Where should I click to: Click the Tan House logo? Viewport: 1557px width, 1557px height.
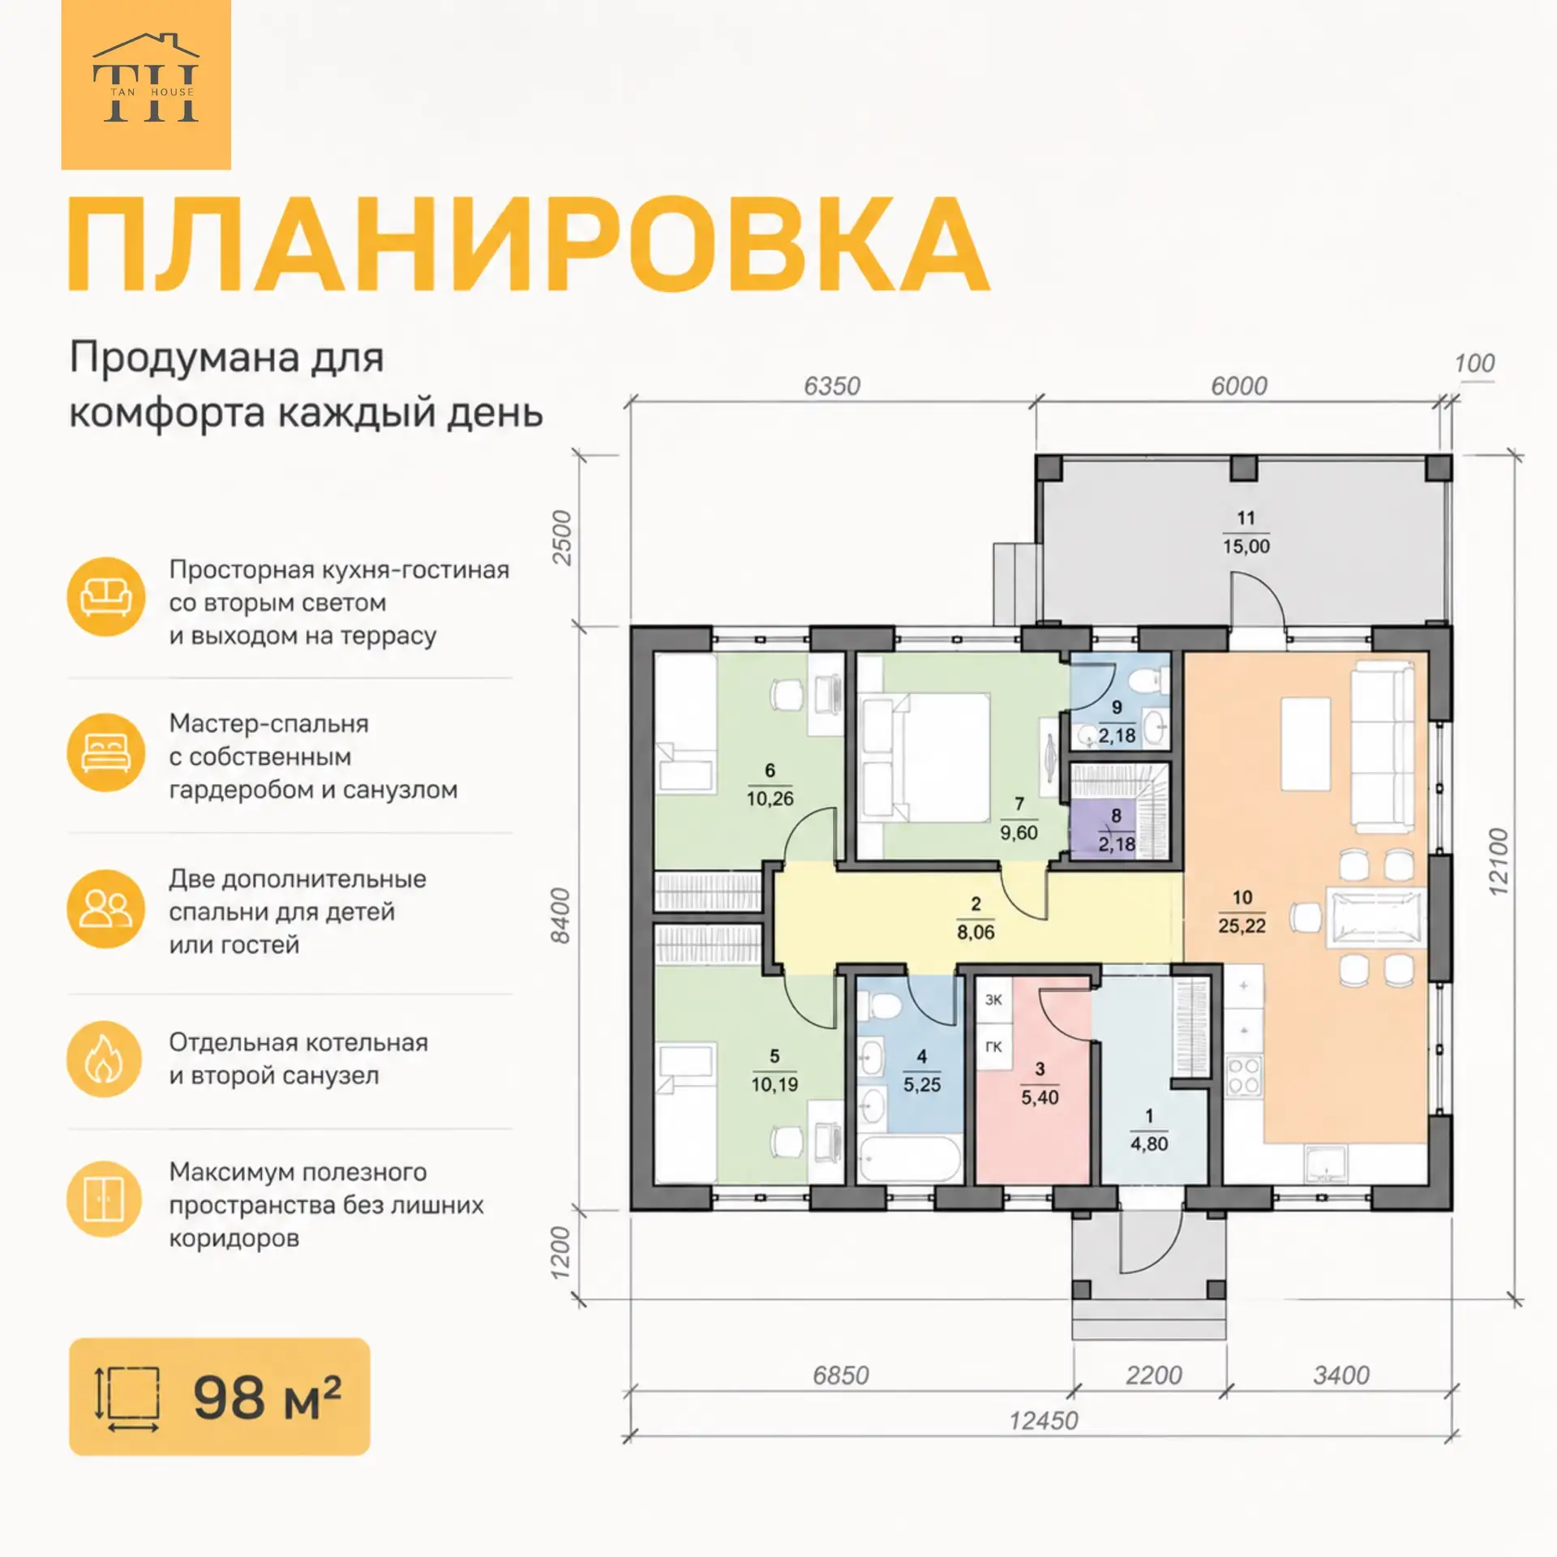pos(146,84)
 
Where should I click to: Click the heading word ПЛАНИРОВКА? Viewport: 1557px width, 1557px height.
pos(528,244)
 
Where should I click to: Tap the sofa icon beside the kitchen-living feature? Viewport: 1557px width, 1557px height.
pos(105,597)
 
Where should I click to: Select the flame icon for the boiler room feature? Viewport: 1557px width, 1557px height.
pos(105,1059)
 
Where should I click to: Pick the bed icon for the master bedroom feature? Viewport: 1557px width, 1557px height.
pos(105,753)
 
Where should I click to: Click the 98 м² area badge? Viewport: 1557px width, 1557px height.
pos(220,1397)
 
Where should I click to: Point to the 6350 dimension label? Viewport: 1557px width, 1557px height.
pos(832,386)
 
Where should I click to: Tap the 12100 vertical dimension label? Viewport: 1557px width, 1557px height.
pos(1499,861)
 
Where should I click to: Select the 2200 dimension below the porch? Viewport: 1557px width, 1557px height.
pos(1153,1375)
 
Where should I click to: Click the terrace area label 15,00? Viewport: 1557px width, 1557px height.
pos(1246,547)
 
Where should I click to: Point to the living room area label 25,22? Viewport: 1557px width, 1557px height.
pos(1242,926)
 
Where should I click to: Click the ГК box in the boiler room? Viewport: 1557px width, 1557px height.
pos(993,1047)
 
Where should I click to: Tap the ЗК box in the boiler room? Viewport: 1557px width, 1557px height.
pos(993,1000)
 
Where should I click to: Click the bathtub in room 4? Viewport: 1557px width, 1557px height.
pos(910,1160)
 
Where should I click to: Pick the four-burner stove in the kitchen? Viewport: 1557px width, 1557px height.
pos(1244,1074)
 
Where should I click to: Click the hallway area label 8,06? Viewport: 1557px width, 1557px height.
pos(976,933)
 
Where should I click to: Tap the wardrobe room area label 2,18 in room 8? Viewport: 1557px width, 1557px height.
pos(1117,844)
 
